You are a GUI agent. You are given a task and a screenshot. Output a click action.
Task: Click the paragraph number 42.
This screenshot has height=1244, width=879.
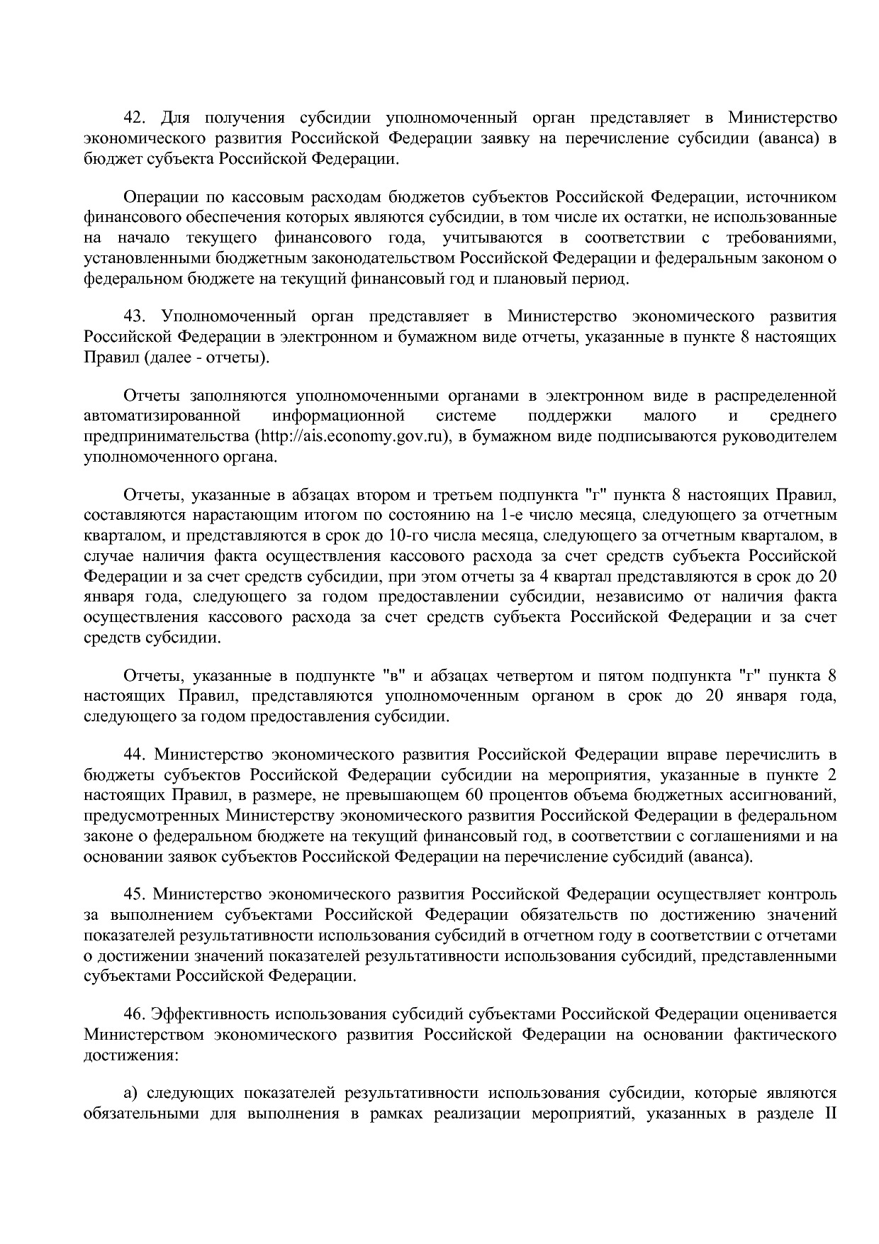pos(135,117)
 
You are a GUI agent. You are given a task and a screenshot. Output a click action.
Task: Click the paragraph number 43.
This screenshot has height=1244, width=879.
pos(135,316)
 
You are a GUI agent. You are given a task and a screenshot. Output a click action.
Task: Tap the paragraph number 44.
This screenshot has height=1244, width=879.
pos(135,752)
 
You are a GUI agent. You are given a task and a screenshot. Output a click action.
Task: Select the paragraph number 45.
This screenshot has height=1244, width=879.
pos(135,893)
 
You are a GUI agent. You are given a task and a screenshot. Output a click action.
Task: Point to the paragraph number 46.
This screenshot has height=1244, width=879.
pos(135,1013)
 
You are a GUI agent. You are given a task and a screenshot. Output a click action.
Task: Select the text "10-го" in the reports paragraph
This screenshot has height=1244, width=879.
pos(402,534)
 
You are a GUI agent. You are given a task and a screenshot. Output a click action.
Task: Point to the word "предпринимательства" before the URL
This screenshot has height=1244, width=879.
pos(166,435)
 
